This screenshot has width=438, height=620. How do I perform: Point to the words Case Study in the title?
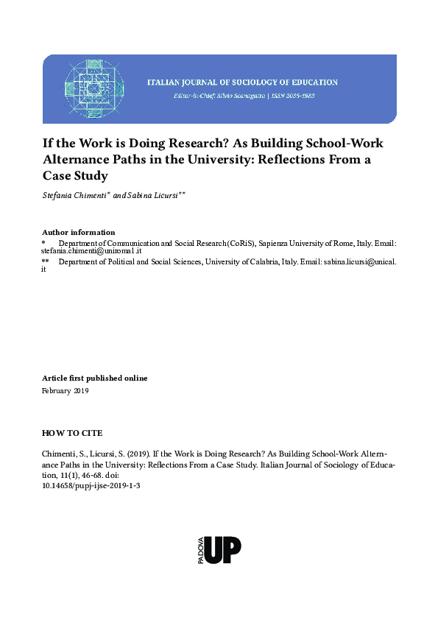[x=75, y=176]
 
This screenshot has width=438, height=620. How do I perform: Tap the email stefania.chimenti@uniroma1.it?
[x=96, y=251]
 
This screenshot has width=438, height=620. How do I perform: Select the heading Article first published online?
[x=95, y=378]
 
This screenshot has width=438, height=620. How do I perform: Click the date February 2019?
[x=66, y=391]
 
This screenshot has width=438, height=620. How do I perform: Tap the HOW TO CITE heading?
[x=73, y=433]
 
